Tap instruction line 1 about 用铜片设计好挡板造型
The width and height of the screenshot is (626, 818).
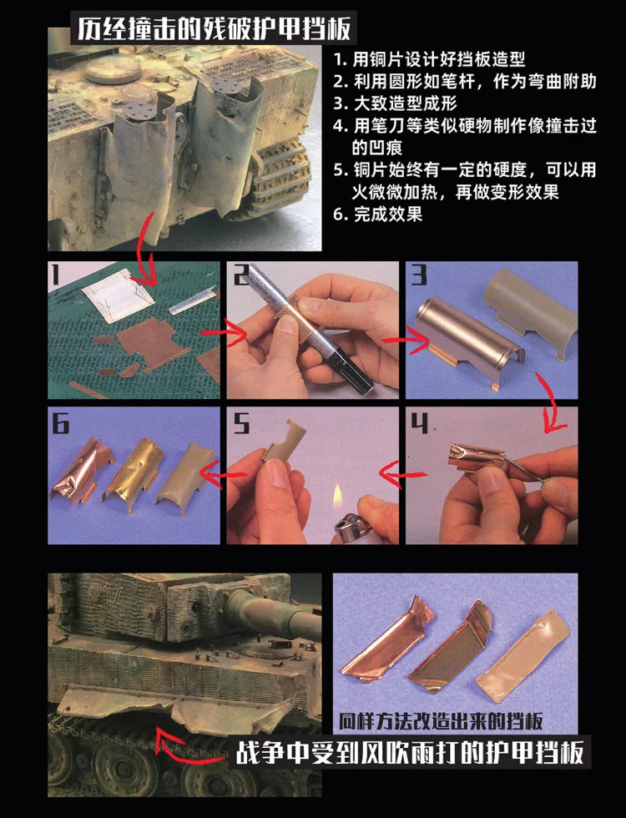[429, 60]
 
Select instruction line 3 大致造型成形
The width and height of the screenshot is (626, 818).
[396, 104]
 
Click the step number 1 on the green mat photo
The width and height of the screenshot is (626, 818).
[56, 276]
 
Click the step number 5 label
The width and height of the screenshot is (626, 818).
[241, 424]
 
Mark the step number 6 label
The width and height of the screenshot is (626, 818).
[61, 424]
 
